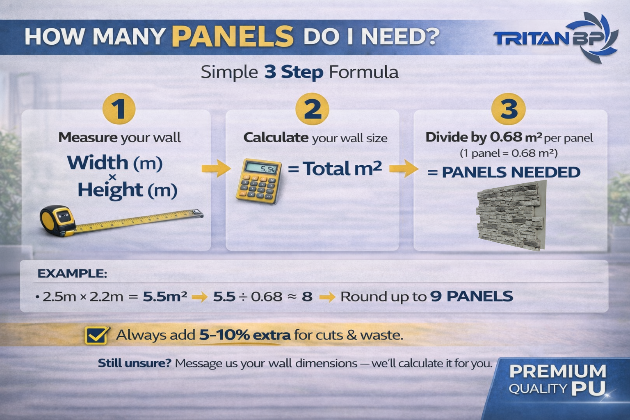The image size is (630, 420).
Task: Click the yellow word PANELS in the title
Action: pyautogui.click(x=233, y=36)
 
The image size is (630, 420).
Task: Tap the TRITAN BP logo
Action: pyautogui.click(x=555, y=37)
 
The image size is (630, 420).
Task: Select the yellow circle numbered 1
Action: pyautogui.click(x=119, y=109)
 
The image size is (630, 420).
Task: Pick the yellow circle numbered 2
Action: pyautogui.click(x=312, y=109)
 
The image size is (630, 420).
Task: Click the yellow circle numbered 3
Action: pyautogui.click(x=508, y=109)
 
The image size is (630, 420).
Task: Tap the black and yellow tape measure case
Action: pyautogui.click(x=58, y=220)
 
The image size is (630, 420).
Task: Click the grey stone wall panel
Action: pyautogui.click(x=511, y=215)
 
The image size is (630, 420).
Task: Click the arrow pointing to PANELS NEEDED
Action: pyautogui.click(x=404, y=168)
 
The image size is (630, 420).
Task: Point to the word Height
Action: pyautogui.click(x=110, y=190)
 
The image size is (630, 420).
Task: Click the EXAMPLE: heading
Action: pyautogui.click(x=72, y=273)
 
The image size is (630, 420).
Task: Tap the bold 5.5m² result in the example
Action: pyautogui.click(x=165, y=296)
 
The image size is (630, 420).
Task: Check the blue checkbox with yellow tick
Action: pyautogui.click(x=97, y=335)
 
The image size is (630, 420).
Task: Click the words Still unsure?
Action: pyautogui.click(x=135, y=363)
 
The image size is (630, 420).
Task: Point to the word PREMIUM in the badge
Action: pyautogui.click(x=558, y=371)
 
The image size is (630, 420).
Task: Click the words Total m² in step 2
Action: pyautogui.click(x=342, y=168)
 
